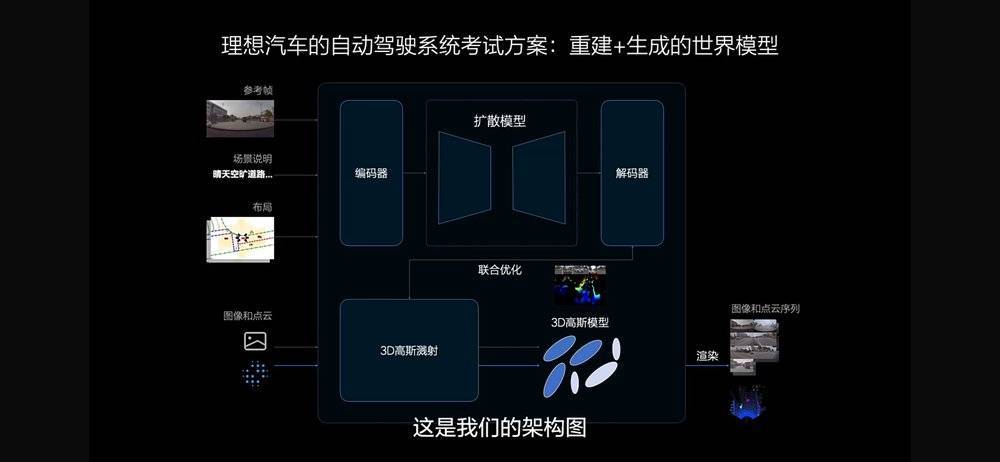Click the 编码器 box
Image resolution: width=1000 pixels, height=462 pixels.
pyautogui.click(x=371, y=173)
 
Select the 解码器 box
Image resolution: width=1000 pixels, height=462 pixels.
pyautogui.click(x=631, y=173)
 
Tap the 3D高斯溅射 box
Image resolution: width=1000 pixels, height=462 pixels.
pyautogui.click(x=408, y=351)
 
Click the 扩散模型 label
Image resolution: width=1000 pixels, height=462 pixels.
pyautogui.click(x=500, y=121)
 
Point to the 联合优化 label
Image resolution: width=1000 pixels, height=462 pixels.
pyautogui.click(x=500, y=270)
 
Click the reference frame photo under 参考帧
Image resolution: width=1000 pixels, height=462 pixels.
pyautogui.click(x=239, y=118)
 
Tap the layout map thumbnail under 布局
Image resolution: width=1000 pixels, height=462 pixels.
pyautogui.click(x=241, y=239)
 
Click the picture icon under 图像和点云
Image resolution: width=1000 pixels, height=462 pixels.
pyautogui.click(x=255, y=342)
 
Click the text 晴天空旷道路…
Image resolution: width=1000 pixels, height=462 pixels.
pyautogui.click(x=242, y=174)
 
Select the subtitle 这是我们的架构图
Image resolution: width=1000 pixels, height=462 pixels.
pyautogui.click(x=499, y=428)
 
